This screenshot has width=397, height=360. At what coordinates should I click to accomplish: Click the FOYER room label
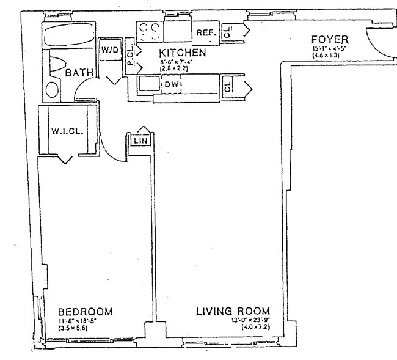[330, 40]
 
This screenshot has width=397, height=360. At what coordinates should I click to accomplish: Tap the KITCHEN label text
[182, 53]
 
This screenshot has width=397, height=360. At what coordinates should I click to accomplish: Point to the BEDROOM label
[85, 312]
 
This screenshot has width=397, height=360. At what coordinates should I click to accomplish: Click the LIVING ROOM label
[233, 311]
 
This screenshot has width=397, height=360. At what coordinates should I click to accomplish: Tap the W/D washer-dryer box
[110, 50]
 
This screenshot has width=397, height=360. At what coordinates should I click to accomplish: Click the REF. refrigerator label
[203, 32]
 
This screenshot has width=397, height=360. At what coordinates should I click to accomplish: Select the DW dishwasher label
[172, 84]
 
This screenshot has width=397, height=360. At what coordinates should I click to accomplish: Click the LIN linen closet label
[139, 141]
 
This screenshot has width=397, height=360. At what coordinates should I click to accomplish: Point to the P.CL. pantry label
[130, 58]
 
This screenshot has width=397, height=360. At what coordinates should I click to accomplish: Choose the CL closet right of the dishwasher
[227, 86]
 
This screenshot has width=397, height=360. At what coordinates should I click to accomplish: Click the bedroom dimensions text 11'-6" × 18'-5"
[85, 320]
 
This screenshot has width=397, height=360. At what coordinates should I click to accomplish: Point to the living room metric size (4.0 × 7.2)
[234, 327]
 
